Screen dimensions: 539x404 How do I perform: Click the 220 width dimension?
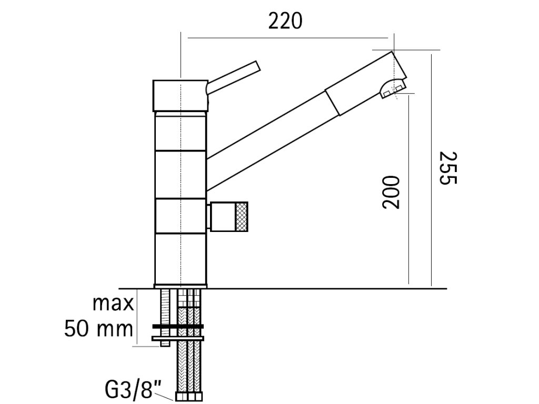285,21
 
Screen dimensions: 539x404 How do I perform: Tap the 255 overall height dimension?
449,168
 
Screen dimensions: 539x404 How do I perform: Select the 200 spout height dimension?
391,192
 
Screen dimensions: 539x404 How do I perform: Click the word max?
113,304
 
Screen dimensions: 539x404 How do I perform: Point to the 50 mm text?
98,329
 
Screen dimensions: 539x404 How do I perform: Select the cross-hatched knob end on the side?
242,216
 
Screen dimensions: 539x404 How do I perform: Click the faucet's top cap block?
180,96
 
